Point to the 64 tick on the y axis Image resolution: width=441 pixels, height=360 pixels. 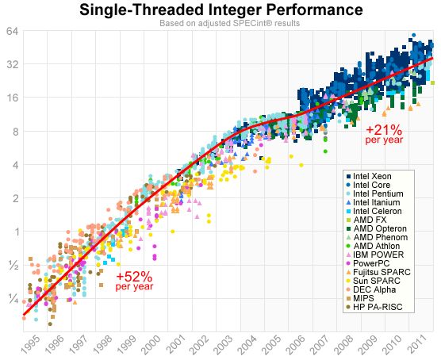click(x=13, y=32)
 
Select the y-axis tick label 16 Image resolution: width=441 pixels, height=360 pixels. click(x=13, y=98)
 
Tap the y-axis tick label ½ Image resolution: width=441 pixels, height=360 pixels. click(x=13, y=266)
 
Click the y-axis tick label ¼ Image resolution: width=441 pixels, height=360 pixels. click(x=13, y=299)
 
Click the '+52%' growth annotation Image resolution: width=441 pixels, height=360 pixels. click(x=134, y=277)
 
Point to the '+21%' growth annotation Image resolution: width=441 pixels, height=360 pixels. click(x=384, y=130)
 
